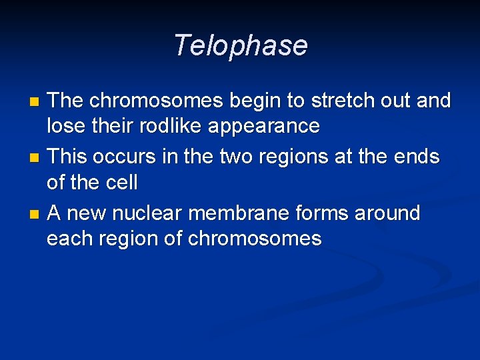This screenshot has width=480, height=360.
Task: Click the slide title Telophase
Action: (x=240, y=46)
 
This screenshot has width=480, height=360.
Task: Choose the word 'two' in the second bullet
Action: (x=233, y=157)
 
